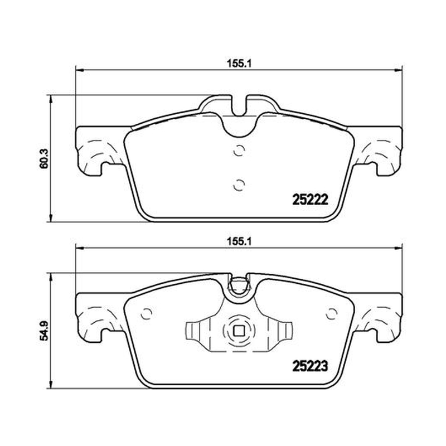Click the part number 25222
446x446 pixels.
pyautogui.click(x=311, y=200)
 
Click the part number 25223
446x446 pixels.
pyautogui.click(x=311, y=366)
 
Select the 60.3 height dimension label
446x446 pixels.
pyautogui.click(x=45, y=159)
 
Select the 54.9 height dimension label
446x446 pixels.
pyautogui.click(x=45, y=330)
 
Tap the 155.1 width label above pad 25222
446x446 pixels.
pyautogui.click(x=239, y=63)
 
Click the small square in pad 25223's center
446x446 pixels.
pyautogui.click(x=239, y=331)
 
